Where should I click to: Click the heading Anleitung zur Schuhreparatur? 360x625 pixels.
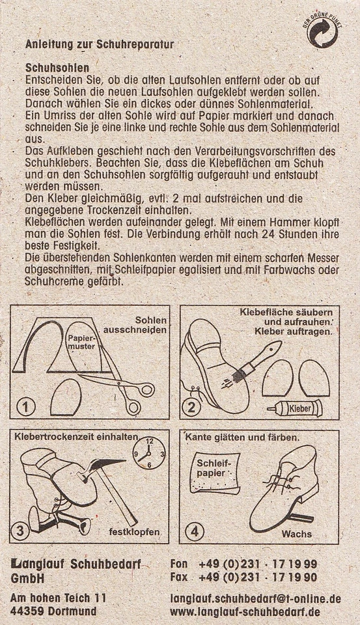click(x=99, y=45)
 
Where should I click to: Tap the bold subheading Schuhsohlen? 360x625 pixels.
click(x=57, y=67)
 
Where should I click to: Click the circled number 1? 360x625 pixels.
click(x=25, y=407)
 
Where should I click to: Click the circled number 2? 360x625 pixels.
click(x=191, y=408)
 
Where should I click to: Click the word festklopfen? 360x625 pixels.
click(x=135, y=532)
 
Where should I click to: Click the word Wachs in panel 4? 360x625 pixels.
click(x=297, y=534)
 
